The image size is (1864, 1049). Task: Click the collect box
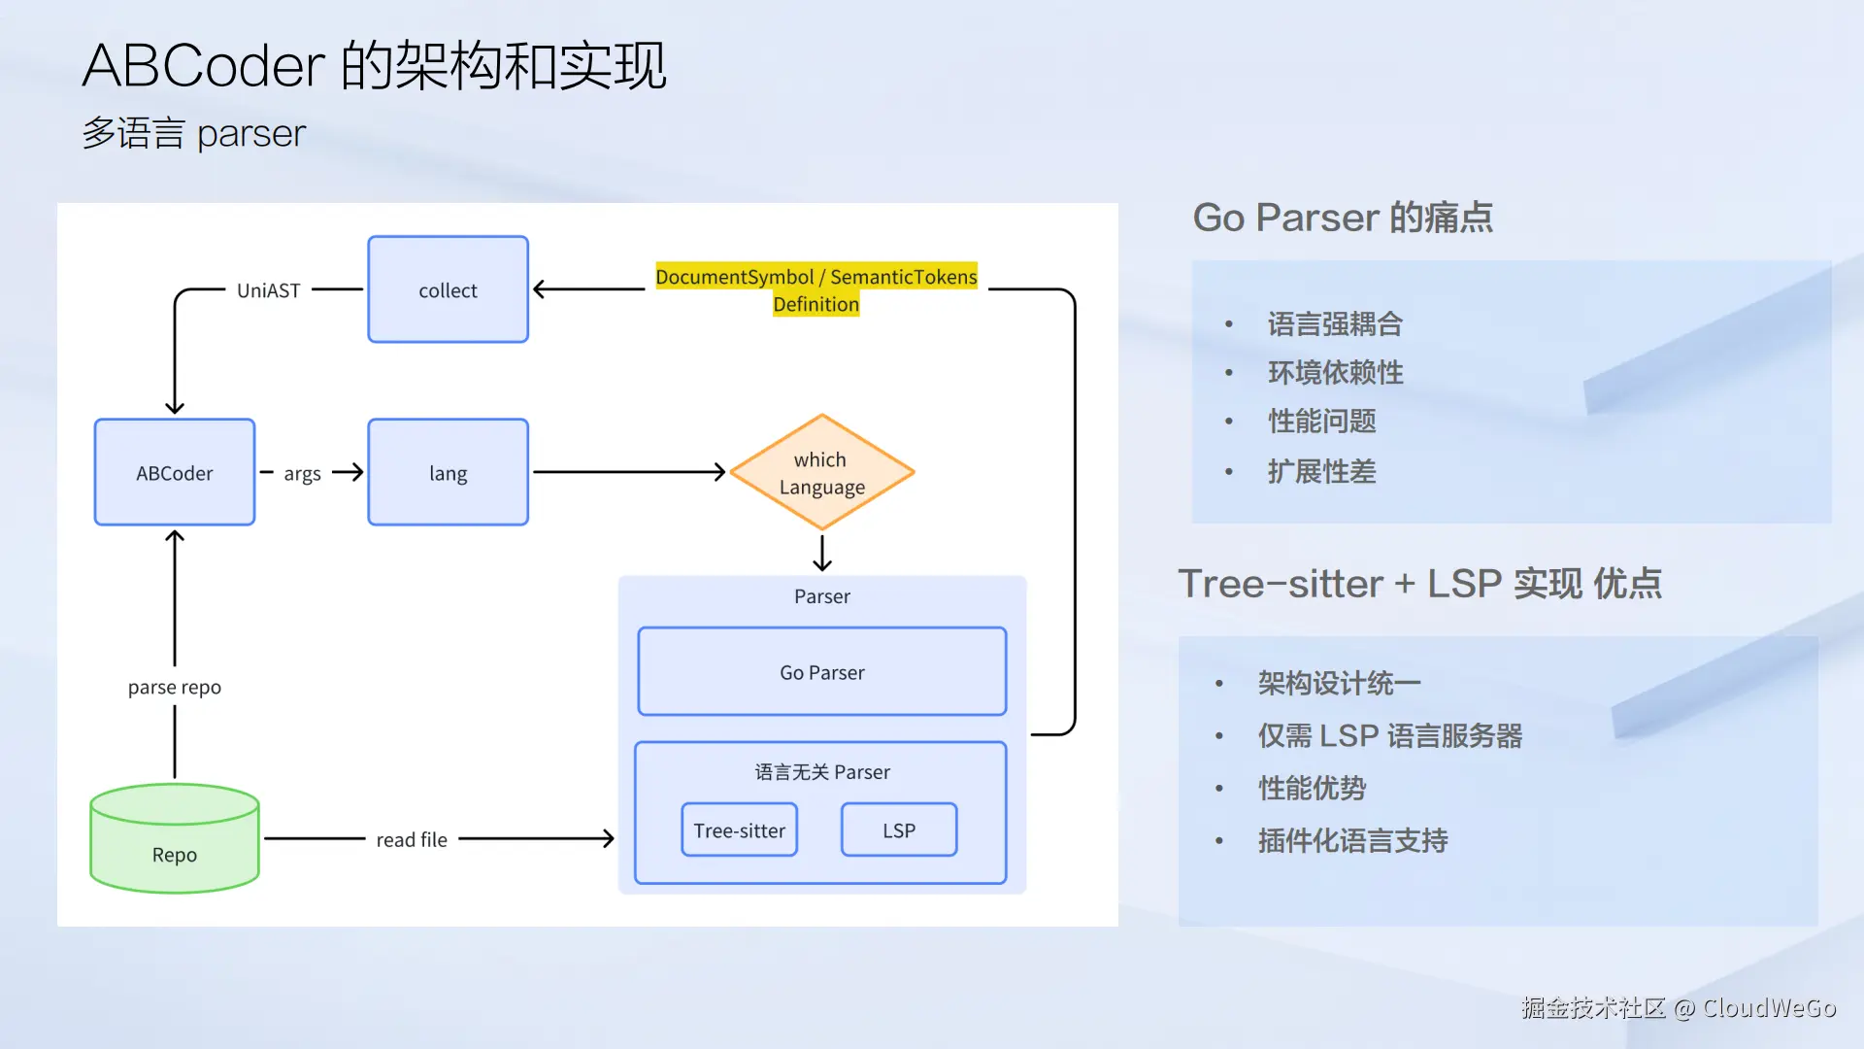(448, 289)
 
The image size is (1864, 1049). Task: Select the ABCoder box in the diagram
(175, 472)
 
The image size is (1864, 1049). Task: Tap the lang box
(448, 472)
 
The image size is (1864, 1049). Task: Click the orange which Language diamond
(821, 472)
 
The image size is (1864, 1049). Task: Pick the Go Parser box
(821, 671)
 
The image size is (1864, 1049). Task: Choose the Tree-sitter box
(739, 829)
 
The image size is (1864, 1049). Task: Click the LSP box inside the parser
(899, 829)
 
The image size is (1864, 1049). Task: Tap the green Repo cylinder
(175, 838)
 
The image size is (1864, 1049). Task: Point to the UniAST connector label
(269, 290)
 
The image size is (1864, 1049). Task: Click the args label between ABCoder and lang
(302, 474)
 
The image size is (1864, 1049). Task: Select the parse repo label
(175, 688)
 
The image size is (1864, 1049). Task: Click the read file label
(412, 839)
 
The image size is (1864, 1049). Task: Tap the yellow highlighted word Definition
(816, 304)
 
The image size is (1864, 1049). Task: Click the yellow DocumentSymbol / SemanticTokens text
(816, 277)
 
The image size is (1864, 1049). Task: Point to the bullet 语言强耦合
(1335, 324)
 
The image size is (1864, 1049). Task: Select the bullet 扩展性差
(1321, 472)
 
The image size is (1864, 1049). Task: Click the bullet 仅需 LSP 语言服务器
(1389, 736)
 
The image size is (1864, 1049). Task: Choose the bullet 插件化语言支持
(1352, 840)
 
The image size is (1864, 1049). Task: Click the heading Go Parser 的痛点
(1343, 218)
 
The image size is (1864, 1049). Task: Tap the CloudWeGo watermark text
(1769, 1008)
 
